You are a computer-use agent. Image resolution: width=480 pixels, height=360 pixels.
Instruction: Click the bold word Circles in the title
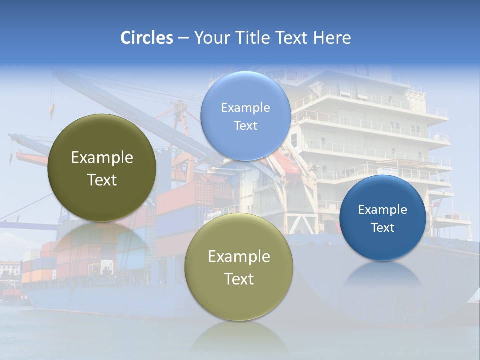pyautogui.click(x=147, y=38)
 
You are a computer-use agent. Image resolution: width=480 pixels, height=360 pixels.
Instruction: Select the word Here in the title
pyautogui.click(x=332, y=38)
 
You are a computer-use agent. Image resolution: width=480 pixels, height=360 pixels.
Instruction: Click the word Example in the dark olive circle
pyautogui.click(x=102, y=158)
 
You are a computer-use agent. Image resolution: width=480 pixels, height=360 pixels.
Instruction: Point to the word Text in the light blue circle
pyautogui.click(x=245, y=126)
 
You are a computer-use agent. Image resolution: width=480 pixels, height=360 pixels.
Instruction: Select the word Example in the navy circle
pyautogui.click(x=382, y=210)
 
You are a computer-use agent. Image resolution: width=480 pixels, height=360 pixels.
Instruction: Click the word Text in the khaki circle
pyautogui.click(x=239, y=279)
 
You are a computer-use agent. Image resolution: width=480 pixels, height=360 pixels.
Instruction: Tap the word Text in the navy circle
pyautogui.click(x=382, y=228)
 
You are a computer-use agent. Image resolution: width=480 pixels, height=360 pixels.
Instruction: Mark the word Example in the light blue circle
pyautogui.click(x=245, y=108)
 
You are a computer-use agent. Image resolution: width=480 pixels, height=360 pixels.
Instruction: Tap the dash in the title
pyautogui.click(x=183, y=38)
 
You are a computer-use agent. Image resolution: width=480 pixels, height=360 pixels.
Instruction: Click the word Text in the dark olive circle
pyautogui.click(x=102, y=180)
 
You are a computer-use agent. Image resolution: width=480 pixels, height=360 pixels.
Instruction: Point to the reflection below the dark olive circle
pyautogui.click(x=102, y=237)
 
